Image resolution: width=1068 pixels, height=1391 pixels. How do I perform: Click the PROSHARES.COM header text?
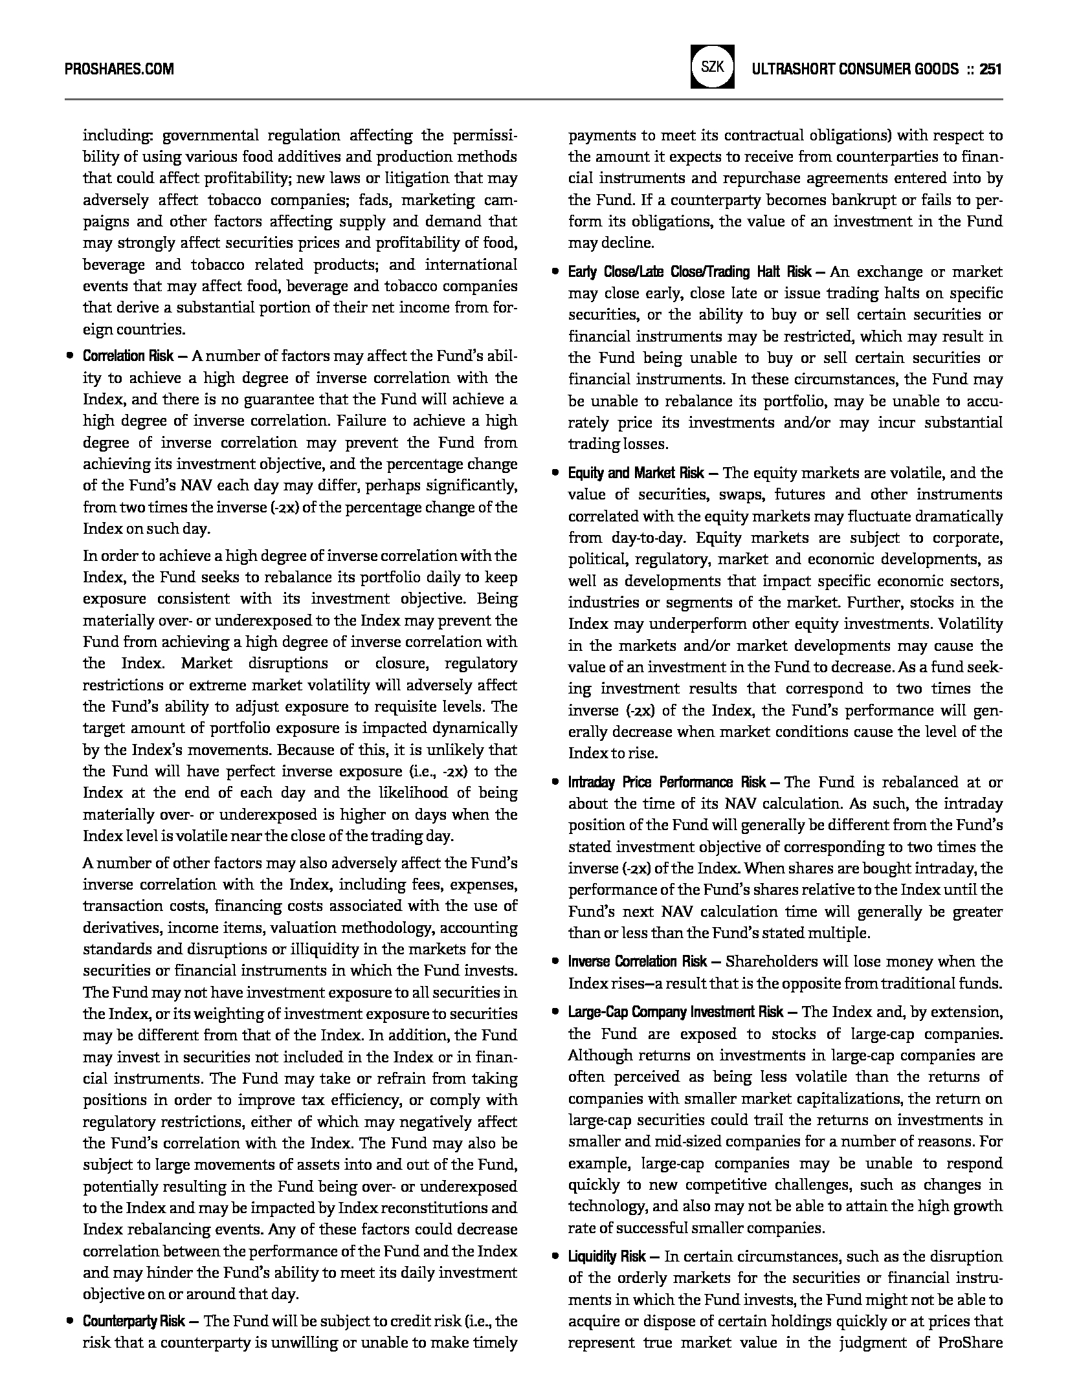tap(119, 69)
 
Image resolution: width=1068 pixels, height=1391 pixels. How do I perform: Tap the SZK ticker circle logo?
tap(712, 67)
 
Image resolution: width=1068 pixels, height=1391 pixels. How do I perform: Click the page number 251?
tap(991, 69)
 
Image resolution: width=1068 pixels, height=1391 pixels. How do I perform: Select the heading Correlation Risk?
tap(128, 356)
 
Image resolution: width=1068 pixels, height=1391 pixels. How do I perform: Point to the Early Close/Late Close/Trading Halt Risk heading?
tap(690, 272)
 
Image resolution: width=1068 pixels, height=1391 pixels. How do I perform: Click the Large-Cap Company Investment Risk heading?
tap(676, 1012)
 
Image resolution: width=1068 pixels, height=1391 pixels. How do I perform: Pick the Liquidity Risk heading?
tap(607, 1256)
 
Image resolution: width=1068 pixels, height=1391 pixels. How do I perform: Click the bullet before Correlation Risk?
tap(69, 356)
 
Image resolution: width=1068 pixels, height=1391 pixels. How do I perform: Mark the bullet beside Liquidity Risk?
tap(555, 1257)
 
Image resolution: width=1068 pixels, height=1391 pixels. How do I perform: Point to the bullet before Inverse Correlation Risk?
tap(555, 963)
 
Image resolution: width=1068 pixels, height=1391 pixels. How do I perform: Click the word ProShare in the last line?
tap(970, 1342)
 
